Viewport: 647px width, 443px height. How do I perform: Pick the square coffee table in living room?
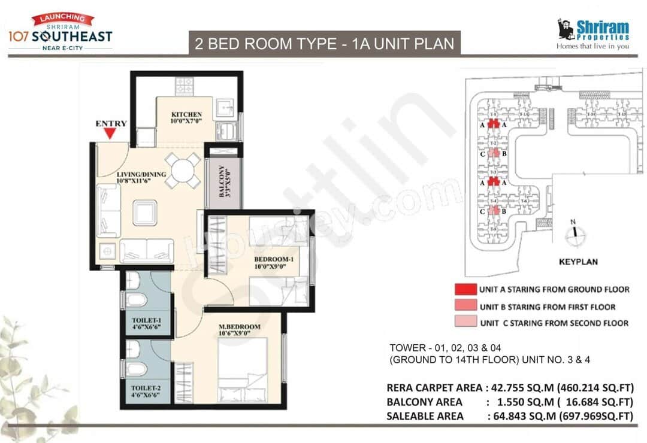(145, 213)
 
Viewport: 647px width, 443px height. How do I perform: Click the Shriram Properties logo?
(592, 34)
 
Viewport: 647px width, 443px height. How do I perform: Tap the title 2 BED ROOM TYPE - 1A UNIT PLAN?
(324, 43)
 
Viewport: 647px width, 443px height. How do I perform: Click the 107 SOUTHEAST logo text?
(59, 36)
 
